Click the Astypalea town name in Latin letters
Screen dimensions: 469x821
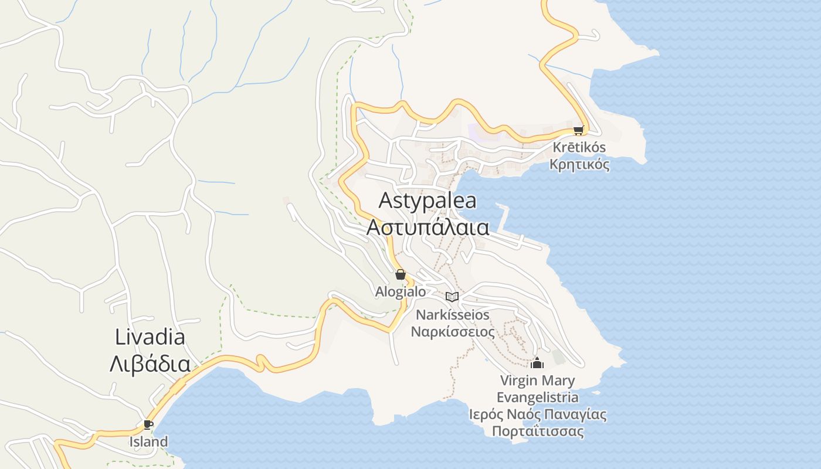coord(428,200)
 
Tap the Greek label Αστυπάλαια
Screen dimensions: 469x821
coord(428,227)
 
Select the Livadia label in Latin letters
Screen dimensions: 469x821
coord(150,337)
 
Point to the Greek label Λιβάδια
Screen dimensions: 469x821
coord(150,363)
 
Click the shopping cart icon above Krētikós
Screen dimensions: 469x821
coord(579,130)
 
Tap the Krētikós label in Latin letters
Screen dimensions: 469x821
coord(579,147)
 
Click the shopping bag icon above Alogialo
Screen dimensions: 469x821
coord(401,274)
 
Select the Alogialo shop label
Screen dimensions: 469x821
coord(401,291)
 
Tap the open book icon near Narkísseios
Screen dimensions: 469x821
coord(452,297)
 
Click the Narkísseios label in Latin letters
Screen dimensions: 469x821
coord(452,315)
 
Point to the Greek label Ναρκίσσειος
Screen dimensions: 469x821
coord(452,332)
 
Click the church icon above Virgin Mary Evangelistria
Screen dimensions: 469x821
coord(537,363)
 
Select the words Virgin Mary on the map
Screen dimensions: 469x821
coord(537,380)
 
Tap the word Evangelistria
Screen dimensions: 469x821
coord(537,397)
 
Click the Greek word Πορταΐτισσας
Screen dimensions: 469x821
coord(538,431)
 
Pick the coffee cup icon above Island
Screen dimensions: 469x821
coord(148,424)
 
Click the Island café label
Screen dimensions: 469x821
coord(148,441)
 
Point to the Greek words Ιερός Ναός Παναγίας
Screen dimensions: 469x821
coord(538,414)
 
